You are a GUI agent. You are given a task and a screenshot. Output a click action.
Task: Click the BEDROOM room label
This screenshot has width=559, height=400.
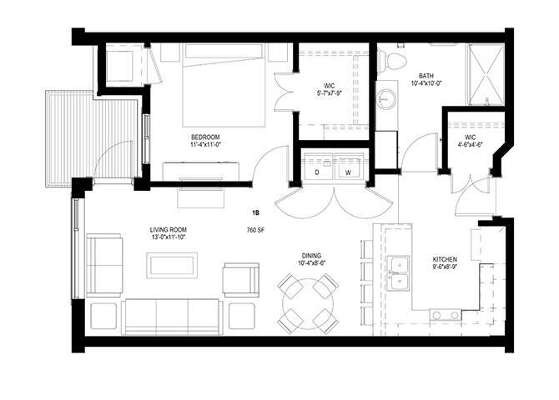point(205,137)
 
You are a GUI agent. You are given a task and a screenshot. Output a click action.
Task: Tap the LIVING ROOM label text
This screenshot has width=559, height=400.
point(169,230)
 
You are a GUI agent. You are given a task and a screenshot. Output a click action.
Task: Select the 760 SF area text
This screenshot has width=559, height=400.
point(255,230)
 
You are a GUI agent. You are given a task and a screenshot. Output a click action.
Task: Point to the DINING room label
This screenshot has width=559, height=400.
point(311,255)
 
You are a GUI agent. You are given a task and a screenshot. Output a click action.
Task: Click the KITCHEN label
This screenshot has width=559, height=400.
point(445,259)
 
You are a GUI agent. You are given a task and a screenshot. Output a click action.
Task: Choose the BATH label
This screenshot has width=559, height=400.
point(426,76)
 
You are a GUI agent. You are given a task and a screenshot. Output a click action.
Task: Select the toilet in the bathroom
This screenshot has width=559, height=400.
point(391,62)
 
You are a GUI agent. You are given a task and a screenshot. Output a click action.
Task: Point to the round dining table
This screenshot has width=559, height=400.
point(308,303)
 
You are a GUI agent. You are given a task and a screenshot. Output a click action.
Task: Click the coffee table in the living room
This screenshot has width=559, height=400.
point(172,266)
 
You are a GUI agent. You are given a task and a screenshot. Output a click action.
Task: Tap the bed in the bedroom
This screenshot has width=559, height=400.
point(224,86)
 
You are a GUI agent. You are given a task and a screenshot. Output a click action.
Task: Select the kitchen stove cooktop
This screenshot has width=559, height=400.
point(446,315)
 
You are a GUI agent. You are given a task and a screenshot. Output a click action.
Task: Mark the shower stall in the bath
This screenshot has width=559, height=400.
point(486,75)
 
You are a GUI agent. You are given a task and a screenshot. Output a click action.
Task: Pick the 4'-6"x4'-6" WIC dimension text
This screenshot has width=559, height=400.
point(471,145)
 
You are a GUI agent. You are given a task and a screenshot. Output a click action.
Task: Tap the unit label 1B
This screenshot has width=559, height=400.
point(255,213)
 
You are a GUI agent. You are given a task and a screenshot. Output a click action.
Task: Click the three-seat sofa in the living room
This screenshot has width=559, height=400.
point(172,317)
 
